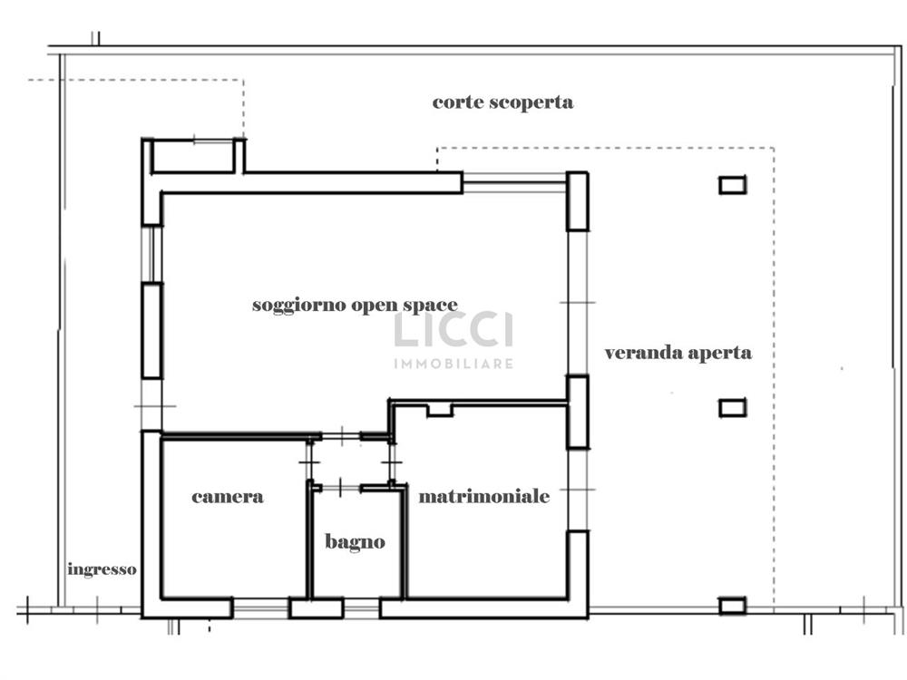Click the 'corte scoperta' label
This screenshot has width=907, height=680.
502,102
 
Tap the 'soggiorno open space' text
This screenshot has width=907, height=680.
355,305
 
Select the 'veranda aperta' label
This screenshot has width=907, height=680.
678,353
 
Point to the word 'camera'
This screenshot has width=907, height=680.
228,497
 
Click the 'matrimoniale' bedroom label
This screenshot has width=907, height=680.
484,496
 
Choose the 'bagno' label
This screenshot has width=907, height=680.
355,542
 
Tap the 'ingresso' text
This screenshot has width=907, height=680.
102,569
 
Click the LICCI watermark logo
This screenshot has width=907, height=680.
453,330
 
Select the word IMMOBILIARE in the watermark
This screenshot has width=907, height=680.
453,364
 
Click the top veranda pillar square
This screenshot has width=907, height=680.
732,185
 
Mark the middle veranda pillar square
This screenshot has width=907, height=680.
732,408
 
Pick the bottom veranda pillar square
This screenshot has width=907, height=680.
732,606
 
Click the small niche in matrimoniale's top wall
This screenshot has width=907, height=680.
440,410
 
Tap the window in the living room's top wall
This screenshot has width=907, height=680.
514,183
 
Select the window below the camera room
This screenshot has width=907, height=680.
261,608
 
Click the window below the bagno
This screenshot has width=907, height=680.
362,608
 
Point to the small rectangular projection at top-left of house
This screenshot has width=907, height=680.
193,156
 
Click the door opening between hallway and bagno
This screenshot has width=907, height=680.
341,488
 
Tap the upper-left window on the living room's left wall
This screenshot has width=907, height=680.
152,254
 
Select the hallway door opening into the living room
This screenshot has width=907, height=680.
341,435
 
